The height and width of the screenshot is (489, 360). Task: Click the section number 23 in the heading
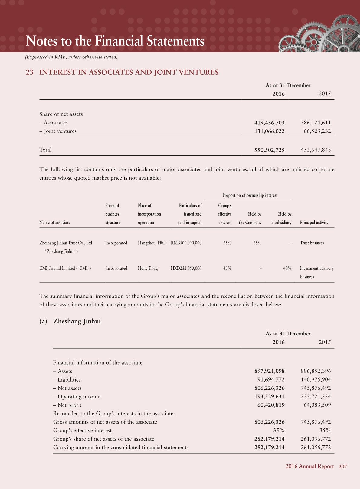click(x=29, y=72)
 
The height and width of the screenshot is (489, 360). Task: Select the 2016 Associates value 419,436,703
click(x=269, y=123)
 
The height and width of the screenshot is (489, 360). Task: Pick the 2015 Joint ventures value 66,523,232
click(x=317, y=131)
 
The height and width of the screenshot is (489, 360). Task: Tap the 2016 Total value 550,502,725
click(x=269, y=150)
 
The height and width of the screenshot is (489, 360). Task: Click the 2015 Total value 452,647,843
click(x=316, y=150)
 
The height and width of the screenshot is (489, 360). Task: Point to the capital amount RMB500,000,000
click(x=186, y=243)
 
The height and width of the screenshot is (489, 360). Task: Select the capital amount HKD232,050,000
click(x=186, y=268)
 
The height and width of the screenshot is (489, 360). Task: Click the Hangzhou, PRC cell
click(x=151, y=243)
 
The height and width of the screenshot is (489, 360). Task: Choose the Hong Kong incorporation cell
click(x=148, y=268)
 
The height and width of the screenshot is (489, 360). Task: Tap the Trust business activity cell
click(x=312, y=243)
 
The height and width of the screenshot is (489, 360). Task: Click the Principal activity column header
click(x=314, y=223)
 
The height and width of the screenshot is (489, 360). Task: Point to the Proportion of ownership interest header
click(x=250, y=195)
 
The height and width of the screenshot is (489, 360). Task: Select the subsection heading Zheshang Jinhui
click(x=77, y=321)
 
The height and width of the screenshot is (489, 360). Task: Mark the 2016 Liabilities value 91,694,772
click(x=271, y=380)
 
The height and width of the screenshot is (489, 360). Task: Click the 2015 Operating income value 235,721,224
click(x=316, y=397)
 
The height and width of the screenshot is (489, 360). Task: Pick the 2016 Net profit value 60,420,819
click(x=271, y=405)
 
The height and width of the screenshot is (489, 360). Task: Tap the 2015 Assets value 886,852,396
click(x=316, y=371)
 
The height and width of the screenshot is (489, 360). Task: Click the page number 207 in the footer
click(x=343, y=467)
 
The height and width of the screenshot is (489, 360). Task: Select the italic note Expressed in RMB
click(x=71, y=57)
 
